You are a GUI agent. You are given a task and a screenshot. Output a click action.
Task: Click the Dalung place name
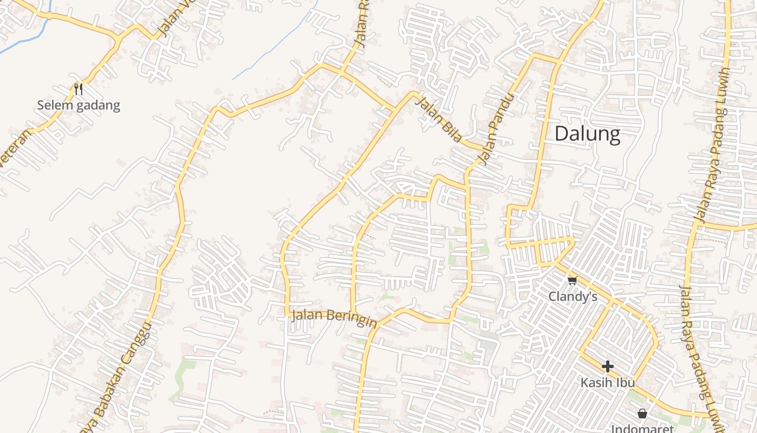pyautogui.click(x=587, y=133)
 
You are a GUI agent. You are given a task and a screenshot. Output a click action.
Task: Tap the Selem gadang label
pyautogui.click(x=78, y=105)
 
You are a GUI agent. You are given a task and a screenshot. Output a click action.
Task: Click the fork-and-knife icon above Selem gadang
pyautogui.click(x=78, y=89)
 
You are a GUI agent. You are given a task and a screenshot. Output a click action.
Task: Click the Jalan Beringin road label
pyautogui.click(x=334, y=318)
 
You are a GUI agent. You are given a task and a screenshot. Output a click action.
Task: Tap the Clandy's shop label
pyautogui.click(x=573, y=297)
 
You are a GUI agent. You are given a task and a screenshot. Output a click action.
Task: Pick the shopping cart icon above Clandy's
pyautogui.click(x=573, y=280)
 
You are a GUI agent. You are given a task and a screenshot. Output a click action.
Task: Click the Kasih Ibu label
pyautogui.click(x=607, y=382)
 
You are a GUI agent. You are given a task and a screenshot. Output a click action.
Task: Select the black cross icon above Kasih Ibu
pyautogui.click(x=607, y=366)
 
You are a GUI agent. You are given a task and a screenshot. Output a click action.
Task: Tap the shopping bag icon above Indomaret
pyautogui.click(x=642, y=414)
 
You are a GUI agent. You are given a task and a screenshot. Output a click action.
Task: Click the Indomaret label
pyautogui.click(x=642, y=429)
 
